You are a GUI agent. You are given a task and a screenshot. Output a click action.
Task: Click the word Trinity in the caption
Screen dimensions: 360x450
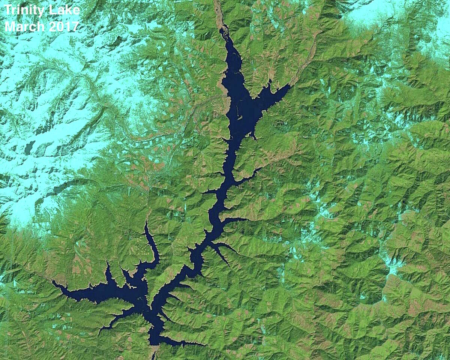tap(24, 10)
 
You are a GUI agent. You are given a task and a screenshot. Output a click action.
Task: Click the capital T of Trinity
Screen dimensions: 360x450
tap(7, 10)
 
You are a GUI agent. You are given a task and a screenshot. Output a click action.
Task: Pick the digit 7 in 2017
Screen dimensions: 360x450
tap(75, 27)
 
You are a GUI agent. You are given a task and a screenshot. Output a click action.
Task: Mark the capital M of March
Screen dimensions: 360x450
tap(9, 27)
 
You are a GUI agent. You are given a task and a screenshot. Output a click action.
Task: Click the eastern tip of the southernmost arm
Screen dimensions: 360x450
tap(204, 344)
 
